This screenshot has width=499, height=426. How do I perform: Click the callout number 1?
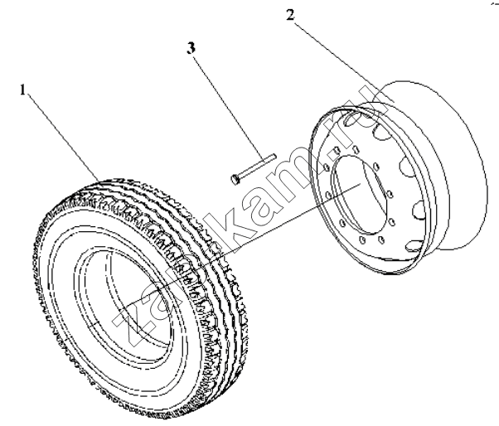pos(22,90)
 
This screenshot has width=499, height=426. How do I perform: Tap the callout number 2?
pos(290,15)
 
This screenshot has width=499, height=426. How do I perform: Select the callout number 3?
pos(191,48)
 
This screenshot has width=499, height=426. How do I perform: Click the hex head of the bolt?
pos(235,179)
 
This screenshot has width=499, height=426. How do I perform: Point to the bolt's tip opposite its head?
pos(275,156)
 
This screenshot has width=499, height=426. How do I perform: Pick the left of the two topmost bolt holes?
pos(336,150)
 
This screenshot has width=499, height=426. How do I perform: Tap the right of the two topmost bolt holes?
pos(355,149)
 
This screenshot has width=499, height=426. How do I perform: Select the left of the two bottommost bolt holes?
pos(362,240)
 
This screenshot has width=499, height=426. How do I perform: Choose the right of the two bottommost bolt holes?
pos(381,240)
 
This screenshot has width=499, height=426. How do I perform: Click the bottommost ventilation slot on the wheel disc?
pos(414,245)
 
